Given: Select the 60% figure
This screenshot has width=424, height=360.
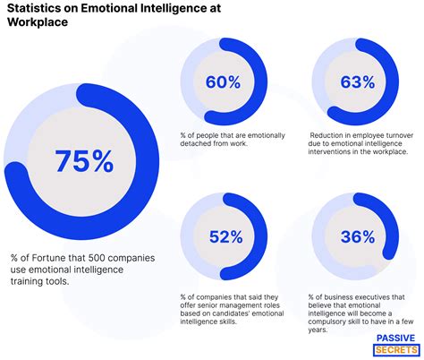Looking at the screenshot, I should [x=224, y=82].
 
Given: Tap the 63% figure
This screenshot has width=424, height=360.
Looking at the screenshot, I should [x=357, y=82].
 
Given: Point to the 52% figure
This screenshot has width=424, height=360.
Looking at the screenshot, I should [x=225, y=237].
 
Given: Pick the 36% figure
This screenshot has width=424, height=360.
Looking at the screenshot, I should [x=357, y=237].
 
